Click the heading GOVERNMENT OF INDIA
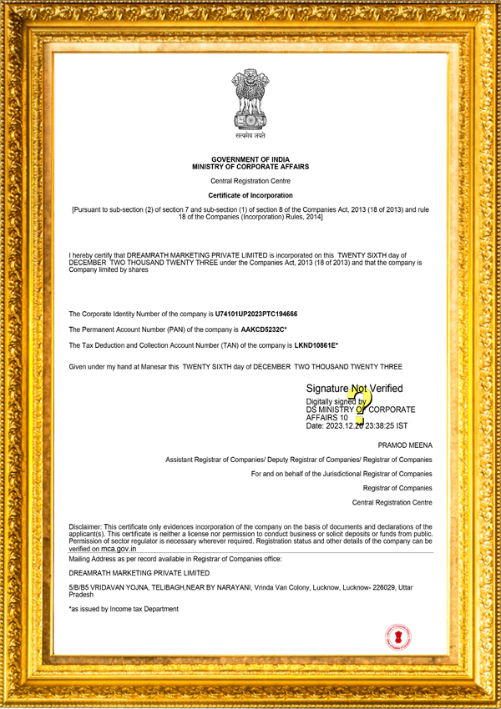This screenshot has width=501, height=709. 250,158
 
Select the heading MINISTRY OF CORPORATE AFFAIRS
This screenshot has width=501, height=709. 250,167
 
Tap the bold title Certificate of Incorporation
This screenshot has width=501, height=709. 250,195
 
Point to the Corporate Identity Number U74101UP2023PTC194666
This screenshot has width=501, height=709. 256,314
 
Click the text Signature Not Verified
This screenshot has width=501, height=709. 354,389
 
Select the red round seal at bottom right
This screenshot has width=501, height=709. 398,637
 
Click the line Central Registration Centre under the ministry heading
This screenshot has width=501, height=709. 250,181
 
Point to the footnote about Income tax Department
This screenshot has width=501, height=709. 124,609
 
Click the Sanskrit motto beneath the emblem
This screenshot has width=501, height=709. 250,133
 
